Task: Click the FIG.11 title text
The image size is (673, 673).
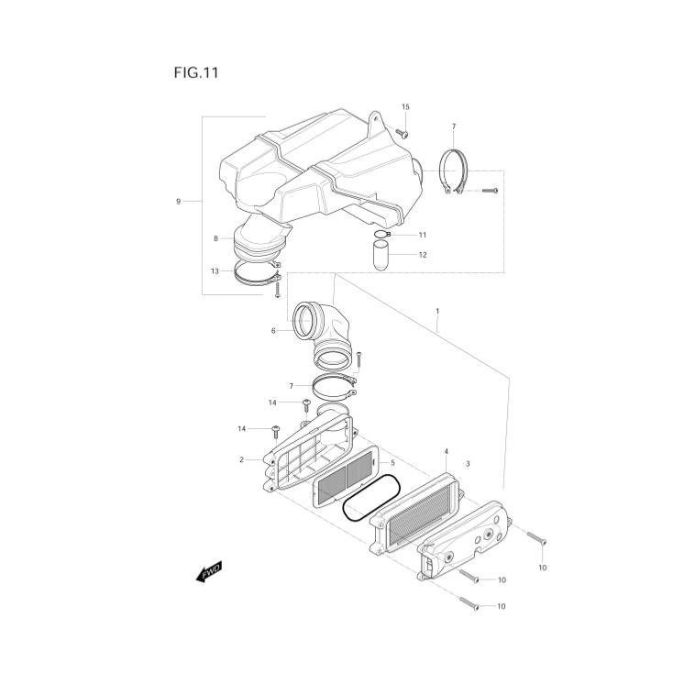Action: pos(196,72)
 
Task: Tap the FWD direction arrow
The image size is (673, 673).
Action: pos(209,572)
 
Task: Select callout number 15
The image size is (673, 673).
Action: pos(405,107)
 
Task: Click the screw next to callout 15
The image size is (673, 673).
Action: pos(402,134)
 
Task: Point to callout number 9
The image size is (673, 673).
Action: pos(178,202)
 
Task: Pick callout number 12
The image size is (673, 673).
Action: pos(423,255)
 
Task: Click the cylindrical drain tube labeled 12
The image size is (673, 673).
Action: pos(381,256)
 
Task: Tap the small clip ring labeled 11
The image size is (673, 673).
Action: pos(382,235)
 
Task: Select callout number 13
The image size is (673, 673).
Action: pos(215,271)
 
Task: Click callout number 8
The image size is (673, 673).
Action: pos(215,238)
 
